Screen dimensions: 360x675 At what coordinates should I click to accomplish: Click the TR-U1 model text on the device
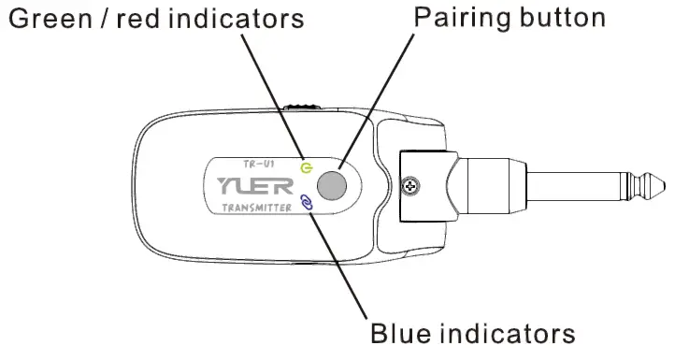pyautogui.click(x=253, y=163)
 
